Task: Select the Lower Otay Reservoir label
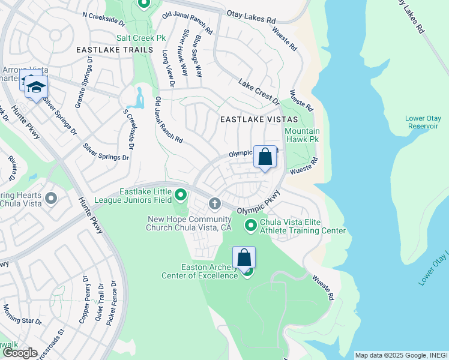click(423, 122)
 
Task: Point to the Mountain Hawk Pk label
click(302, 136)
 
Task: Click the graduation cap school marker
click(36, 88)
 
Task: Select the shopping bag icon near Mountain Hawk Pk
click(265, 157)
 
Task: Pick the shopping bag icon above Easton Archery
click(244, 258)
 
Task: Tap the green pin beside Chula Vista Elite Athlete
click(251, 226)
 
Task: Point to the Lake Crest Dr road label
click(259, 91)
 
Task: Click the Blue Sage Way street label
click(197, 56)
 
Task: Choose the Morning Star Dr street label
click(22, 314)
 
